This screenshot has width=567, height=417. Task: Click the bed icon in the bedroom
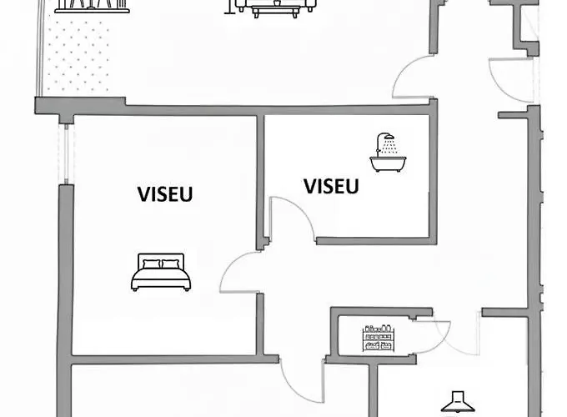click(x=160, y=273)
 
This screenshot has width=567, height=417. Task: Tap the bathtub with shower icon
click(x=385, y=153)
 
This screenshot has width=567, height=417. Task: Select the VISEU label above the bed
click(x=165, y=194)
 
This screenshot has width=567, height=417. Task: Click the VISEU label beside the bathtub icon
click(x=331, y=185)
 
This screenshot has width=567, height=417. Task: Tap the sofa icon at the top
click(x=275, y=7)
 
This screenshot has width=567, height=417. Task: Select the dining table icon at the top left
click(x=93, y=7)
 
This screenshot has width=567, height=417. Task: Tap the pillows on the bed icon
click(x=160, y=264)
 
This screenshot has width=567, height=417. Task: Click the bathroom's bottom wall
click(x=375, y=241)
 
